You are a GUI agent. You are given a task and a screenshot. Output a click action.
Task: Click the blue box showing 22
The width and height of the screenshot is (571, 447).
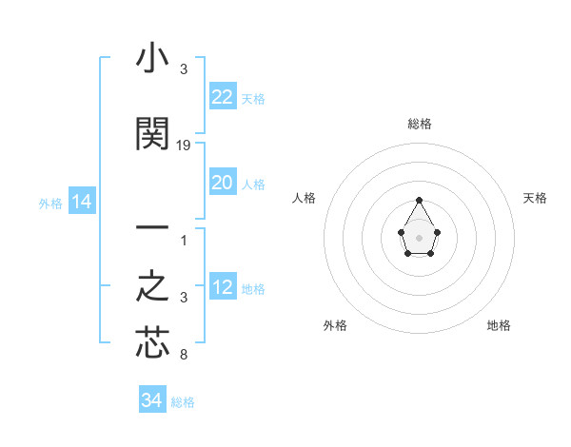point(222,97)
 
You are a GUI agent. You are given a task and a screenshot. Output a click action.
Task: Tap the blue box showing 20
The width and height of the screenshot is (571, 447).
point(222,183)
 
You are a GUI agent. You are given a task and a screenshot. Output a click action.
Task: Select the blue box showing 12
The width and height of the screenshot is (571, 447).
point(222,287)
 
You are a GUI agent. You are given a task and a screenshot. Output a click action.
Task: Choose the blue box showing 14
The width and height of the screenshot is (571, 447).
point(81,201)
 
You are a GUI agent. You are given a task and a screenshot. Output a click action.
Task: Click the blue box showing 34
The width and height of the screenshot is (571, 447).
point(151,400)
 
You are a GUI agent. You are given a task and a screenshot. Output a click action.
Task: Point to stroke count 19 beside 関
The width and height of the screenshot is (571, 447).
point(184,145)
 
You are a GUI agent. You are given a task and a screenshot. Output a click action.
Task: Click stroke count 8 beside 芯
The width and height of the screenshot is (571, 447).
point(184,356)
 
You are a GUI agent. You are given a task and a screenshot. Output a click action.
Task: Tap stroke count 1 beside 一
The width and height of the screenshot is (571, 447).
point(184,240)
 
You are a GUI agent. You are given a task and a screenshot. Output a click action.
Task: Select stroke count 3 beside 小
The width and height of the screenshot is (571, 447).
point(184,69)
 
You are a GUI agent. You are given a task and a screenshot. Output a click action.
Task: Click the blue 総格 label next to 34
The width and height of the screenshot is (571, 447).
point(183,402)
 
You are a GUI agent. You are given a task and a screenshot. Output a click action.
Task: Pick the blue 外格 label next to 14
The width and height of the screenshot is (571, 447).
point(49,203)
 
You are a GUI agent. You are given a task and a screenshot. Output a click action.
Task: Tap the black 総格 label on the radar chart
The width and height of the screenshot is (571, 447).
point(420,124)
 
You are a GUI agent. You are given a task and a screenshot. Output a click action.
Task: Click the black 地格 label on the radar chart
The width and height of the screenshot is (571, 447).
point(499,325)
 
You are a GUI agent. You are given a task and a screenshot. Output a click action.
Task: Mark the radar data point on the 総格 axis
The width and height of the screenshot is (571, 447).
point(420,200)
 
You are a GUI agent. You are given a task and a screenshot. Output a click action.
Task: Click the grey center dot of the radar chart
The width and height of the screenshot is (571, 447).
point(420,237)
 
